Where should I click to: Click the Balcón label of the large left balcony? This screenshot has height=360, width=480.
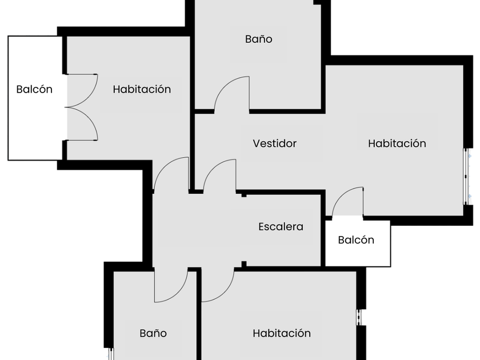[34, 89]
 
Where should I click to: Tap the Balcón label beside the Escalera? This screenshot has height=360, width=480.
[356, 240]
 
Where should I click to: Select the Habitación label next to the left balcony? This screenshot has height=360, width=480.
[142, 89]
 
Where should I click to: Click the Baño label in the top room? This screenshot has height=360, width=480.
[258, 39]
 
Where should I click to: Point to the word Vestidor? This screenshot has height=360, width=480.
[275, 143]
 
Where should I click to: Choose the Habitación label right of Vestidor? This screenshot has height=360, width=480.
[397, 143]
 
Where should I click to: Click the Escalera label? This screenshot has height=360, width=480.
[281, 227]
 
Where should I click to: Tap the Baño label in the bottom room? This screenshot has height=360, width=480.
[153, 333]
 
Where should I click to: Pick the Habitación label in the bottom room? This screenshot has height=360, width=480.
[282, 333]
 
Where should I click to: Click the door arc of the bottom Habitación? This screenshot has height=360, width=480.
[217, 286]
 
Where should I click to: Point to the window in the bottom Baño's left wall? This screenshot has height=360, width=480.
[111, 353]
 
